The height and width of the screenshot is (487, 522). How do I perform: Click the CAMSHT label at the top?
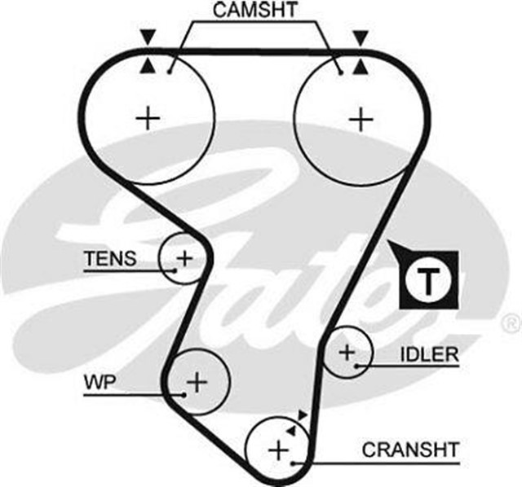[255, 11]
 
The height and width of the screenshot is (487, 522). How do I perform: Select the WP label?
[96, 381]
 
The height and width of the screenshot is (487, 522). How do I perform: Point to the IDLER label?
[429, 355]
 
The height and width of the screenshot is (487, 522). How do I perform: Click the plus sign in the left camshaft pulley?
[148, 119]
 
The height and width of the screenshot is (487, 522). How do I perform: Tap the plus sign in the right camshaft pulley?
[360, 119]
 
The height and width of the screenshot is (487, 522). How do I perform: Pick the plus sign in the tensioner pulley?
[185, 259]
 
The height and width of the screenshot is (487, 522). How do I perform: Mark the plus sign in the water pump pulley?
[197, 380]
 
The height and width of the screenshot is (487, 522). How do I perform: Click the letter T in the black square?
[428, 279]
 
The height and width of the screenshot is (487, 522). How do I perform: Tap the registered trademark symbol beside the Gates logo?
[512, 320]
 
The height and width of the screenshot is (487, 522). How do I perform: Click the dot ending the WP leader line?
[186, 395]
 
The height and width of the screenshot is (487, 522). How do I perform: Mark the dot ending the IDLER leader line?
[357, 367]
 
